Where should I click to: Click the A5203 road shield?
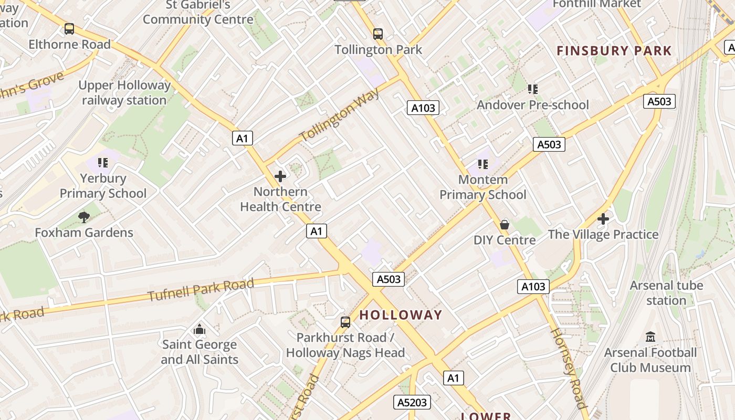coord(412,402)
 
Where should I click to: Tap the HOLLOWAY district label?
coord(401,315)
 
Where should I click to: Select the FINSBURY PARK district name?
coord(614,51)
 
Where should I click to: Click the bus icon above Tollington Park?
coord(378,34)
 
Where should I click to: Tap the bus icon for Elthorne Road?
coord(69,29)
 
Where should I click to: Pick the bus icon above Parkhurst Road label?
coord(345,322)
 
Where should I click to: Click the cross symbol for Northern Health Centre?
coord(280,176)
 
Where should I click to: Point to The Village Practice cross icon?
coord(603,218)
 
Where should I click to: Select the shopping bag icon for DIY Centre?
coord(505,225)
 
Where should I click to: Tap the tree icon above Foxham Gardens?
coord(84,217)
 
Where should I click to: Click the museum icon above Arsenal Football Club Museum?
coord(650,337)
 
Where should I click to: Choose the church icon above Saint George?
coord(199,329)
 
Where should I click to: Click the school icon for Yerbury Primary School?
coord(103,163)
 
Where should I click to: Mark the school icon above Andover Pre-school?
coord(533,89)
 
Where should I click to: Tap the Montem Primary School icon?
coord(483,164)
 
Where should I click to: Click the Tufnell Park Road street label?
coord(201,290)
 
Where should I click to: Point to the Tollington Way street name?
coord(340,115)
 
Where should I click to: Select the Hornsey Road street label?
coord(568,367)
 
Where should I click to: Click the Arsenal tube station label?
coord(666,293)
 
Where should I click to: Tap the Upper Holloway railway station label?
coord(124,92)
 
